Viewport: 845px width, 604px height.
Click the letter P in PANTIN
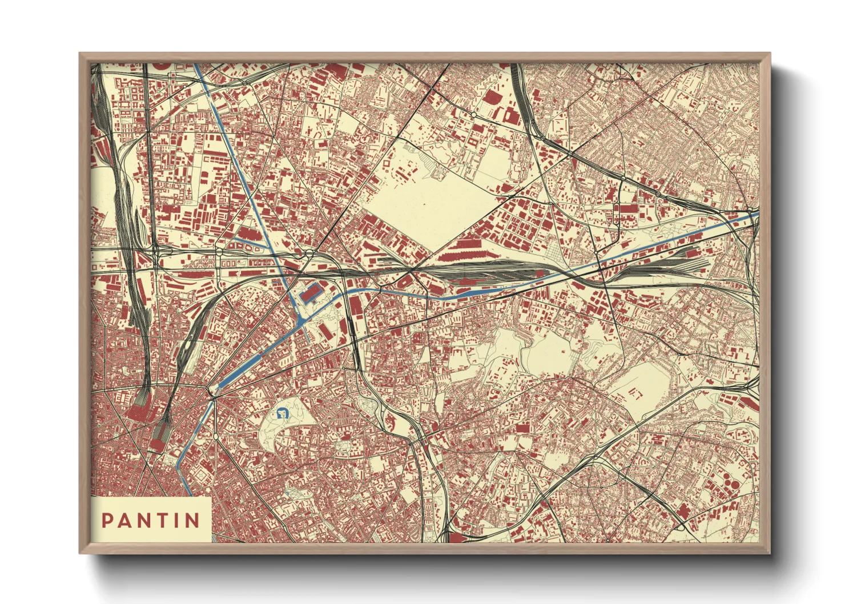tap(107, 520)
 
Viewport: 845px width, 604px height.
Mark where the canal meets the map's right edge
tap(758, 214)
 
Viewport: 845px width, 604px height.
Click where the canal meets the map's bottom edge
tap(190, 494)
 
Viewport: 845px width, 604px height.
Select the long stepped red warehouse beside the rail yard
tap(468, 246)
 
